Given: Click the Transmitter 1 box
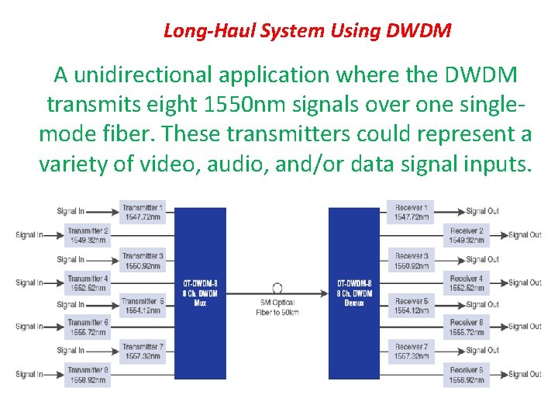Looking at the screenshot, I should pyautogui.click(x=143, y=212).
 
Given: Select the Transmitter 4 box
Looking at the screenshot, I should pyautogui.click(x=88, y=282).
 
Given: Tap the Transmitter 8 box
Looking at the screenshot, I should pyautogui.click(x=88, y=375).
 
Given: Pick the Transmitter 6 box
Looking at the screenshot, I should pyautogui.click(x=88, y=327).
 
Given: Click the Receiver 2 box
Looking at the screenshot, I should pyautogui.click(x=467, y=235).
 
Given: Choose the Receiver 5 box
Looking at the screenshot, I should pyautogui.click(x=411, y=305).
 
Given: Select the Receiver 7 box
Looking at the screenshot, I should pyautogui.click(x=411, y=351).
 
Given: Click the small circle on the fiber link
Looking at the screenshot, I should pyautogui.click(x=277, y=287).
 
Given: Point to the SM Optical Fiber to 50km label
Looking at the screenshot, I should pyautogui.click(x=277, y=306).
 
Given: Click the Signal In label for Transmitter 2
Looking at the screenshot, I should pyautogui.click(x=29, y=235).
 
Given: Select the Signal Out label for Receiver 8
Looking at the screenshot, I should pyautogui.click(x=525, y=375).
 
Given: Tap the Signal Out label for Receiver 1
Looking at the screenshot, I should pyautogui.click(x=482, y=211).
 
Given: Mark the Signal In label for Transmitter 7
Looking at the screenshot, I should pyautogui.click(x=71, y=351).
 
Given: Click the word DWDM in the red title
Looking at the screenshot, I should pyautogui.click(x=424, y=32).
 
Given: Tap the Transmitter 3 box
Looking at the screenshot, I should pyautogui.click(x=143, y=260).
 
